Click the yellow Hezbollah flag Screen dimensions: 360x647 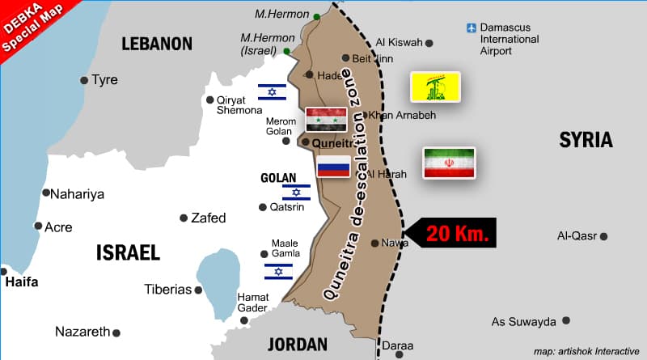435,87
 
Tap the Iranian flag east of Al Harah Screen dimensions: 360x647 449,163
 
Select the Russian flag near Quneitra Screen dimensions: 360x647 333,167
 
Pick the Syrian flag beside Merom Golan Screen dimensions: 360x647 326,119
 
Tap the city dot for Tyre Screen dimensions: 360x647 84,80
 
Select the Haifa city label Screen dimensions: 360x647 22,282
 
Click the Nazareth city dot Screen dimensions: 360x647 116,332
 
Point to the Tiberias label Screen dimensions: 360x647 167,289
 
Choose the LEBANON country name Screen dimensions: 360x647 157,44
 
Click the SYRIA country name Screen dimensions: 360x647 586,140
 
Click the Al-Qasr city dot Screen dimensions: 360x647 603,236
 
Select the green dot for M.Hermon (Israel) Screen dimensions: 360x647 287,51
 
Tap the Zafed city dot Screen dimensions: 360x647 184,218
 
